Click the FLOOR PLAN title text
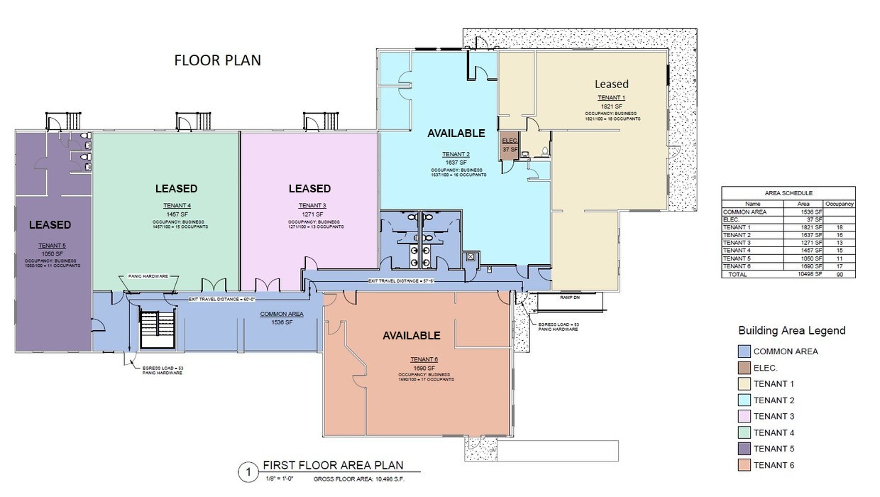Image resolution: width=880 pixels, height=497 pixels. tap(217, 60)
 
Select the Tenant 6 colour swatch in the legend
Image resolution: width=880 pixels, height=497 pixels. tap(744, 465)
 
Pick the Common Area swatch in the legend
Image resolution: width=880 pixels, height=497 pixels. tap(744, 351)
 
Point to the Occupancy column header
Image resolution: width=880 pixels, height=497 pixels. tap(839, 204)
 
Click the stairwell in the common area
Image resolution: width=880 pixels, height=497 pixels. tap(157, 328)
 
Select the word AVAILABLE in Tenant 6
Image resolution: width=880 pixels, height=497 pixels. tap(412, 336)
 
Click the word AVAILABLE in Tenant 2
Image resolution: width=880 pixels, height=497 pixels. tap(456, 133)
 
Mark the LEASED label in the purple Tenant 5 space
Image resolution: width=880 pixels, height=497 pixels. tap(50, 225)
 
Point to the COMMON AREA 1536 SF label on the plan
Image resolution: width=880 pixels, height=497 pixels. tap(282, 317)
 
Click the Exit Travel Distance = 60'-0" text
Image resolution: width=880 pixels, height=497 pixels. tap(221, 299)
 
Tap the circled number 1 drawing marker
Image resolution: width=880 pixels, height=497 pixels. tap(248, 472)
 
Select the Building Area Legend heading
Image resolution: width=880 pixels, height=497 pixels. tap(791, 330)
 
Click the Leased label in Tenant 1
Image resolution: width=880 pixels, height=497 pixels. tap(611, 84)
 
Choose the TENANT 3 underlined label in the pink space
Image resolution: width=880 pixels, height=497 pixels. tap(309, 206)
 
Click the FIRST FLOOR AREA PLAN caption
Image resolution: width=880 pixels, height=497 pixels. tap(333, 466)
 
